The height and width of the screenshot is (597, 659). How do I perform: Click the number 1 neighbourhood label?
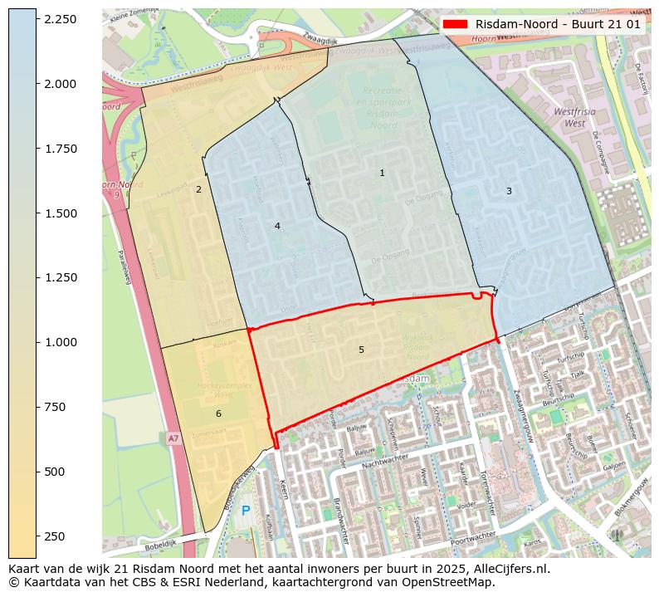tap(382, 174)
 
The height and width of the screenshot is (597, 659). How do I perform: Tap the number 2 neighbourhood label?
tap(198, 189)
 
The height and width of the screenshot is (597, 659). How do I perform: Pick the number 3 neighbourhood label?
tap(509, 192)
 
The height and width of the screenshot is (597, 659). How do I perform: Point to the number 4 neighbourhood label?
tap(277, 226)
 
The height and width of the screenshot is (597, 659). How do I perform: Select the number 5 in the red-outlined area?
tap(361, 350)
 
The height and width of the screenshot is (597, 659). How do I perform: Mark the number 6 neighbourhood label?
tap(218, 413)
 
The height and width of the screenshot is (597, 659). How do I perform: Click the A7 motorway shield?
tap(173, 438)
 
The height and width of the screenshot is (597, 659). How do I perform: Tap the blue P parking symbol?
tap(246, 511)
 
